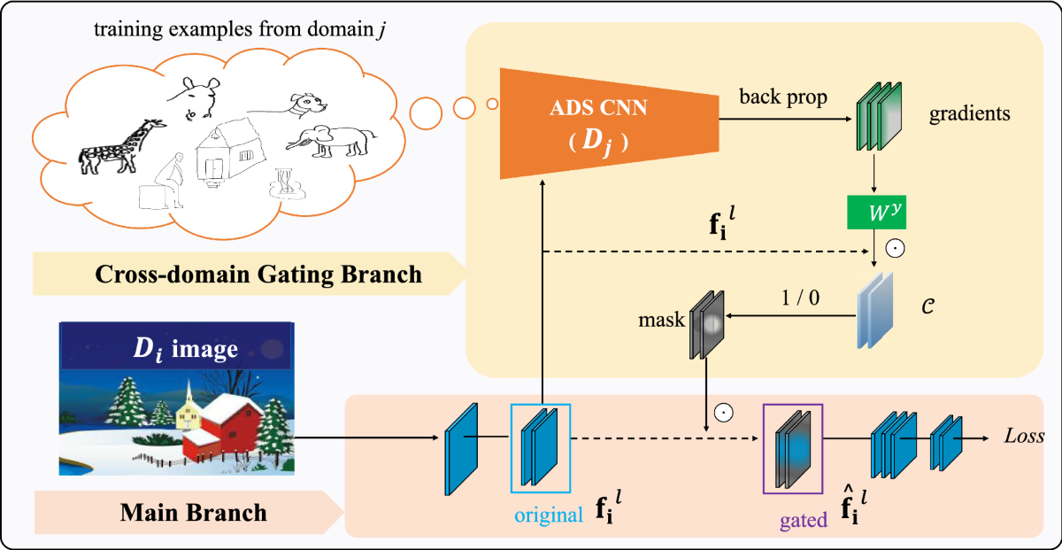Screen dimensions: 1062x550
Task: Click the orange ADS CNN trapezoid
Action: tap(609, 123)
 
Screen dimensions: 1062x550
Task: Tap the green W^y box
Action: tap(877, 213)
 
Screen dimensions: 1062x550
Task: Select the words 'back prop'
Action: tap(783, 97)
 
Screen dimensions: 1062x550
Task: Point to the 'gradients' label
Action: tap(970, 114)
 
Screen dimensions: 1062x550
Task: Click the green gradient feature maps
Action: tap(879, 116)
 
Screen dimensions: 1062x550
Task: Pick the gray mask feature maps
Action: tap(706, 324)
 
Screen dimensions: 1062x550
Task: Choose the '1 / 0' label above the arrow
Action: tap(800, 298)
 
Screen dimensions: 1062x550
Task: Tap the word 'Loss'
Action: tap(1024, 436)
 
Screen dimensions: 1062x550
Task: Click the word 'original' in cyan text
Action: tap(549, 515)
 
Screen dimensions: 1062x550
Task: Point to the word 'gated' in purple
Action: tap(804, 520)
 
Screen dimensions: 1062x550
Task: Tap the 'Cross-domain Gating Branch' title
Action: tap(258, 274)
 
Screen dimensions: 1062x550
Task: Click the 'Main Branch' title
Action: tap(194, 513)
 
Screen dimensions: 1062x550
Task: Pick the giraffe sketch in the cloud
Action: tap(121, 147)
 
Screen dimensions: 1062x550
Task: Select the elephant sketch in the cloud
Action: tap(331, 142)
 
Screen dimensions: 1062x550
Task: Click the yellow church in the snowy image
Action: tap(189, 410)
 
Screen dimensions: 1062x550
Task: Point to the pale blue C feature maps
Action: tap(875, 310)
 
